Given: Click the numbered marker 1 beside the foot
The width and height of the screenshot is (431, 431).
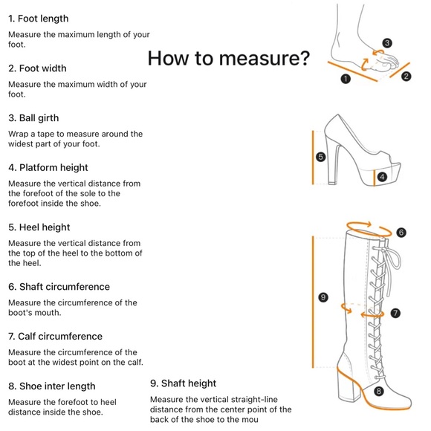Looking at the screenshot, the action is tap(346, 79).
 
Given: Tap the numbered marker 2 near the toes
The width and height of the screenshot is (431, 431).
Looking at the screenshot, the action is tap(406, 76).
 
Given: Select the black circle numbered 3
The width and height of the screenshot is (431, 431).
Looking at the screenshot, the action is tap(387, 43).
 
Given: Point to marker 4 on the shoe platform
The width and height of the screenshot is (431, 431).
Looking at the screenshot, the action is tap(382, 177).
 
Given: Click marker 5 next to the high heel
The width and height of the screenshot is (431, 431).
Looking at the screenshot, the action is tap(321, 157).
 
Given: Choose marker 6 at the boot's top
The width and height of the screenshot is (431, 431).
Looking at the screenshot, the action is tap(401, 233).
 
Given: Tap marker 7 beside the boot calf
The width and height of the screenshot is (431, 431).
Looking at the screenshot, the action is tap(395, 313).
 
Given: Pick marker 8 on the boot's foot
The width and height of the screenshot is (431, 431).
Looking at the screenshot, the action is tap(378, 391).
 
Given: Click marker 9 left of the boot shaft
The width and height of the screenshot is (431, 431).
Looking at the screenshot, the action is tap(323, 297).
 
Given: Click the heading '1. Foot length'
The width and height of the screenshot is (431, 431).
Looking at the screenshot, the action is tap(38, 19).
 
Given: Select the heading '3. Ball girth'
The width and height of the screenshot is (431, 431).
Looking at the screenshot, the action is tap(33, 118).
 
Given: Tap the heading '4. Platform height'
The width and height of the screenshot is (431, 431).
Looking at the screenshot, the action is tap(48, 167).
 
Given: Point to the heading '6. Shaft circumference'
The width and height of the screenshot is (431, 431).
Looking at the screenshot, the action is tap(59, 287).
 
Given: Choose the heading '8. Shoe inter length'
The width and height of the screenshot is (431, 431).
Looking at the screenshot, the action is tap(52, 386).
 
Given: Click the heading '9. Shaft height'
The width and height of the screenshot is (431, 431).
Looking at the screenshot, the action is tap(183, 383).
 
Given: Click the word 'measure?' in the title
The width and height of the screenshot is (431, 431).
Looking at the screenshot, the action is tap(265, 58).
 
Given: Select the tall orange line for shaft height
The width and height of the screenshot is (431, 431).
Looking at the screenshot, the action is tap(313, 302).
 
